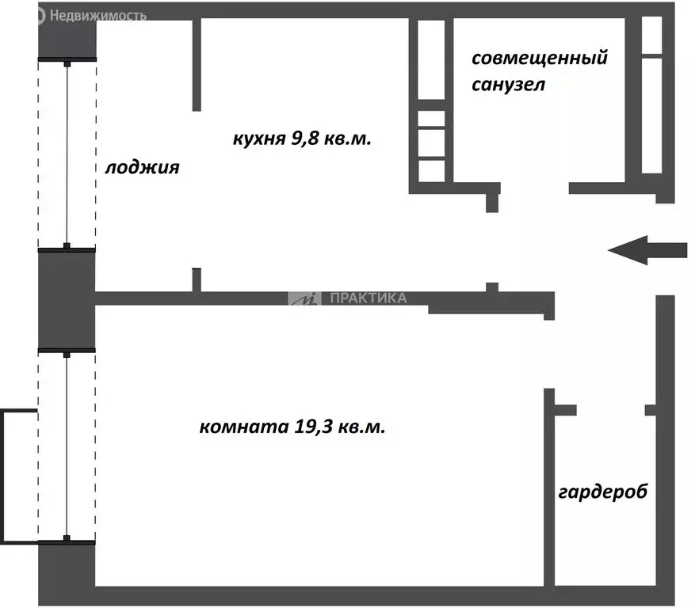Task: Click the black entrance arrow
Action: tap(647, 250)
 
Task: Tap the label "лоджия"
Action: tap(143, 168)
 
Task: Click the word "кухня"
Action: tap(258, 139)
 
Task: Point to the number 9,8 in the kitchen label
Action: tap(309, 139)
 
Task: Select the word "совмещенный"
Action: tap(539, 59)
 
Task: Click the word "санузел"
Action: tap(508, 84)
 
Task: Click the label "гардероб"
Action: tap(603, 492)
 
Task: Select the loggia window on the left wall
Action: tap(67, 154)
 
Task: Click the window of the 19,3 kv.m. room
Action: tap(67, 445)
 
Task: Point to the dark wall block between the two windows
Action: tap(67, 299)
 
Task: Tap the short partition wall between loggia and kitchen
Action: tap(197, 63)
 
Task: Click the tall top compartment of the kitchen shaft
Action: tap(431, 59)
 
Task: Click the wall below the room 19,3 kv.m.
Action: tap(317, 596)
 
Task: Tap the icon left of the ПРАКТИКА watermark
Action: tap(304, 298)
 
